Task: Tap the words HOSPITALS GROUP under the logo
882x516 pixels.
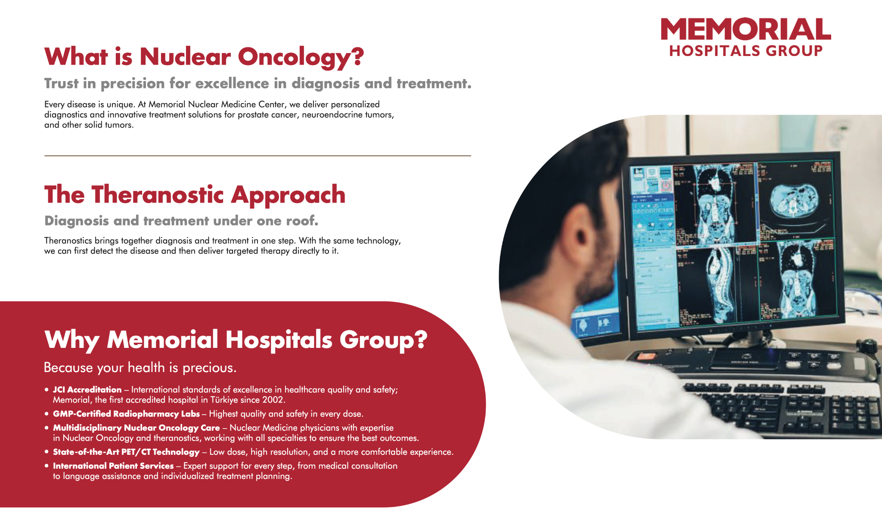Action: pos(745,51)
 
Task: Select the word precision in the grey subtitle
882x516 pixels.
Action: pos(132,84)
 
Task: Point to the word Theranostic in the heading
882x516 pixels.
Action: pos(158,195)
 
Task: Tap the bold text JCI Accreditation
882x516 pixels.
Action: pos(87,390)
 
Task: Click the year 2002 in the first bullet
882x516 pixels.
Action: pos(273,400)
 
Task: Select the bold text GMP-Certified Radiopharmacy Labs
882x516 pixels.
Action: pos(126,414)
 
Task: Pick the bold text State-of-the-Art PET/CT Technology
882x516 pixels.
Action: pos(126,452)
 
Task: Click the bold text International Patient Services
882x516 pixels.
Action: pos(113,466)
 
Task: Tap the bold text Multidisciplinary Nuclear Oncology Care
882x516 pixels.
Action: pos(136,428)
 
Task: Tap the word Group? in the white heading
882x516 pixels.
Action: pos(383,340)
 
